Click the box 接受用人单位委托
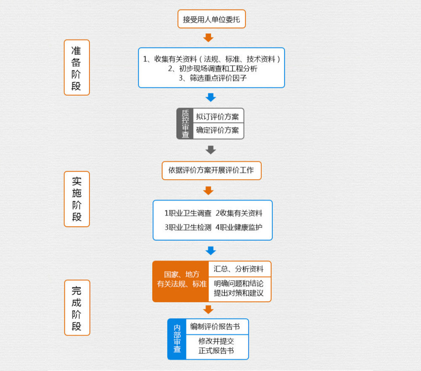click(x=211, y=19)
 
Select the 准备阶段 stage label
click(x=77, y=67)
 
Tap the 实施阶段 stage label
click(x=77, y=199)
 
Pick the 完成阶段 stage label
click(x=77, y=308)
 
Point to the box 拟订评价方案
click(x=218, y=116)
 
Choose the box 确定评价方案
click(x=218, y=130)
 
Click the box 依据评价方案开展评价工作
click(x=211, y=170)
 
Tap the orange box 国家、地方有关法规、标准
click(x=181, y=281)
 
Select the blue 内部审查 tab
click(x=177, y=339)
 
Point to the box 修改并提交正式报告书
click(x=216, y=346)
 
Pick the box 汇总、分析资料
click(x=239, y=269)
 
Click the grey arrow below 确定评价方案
click(x=210, y=150)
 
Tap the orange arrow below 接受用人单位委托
click(x=208, y=38)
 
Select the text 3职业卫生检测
click(x=188, y=227)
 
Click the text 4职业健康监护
click(x=239, y=227)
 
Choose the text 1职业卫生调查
click(x=188, y=213)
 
